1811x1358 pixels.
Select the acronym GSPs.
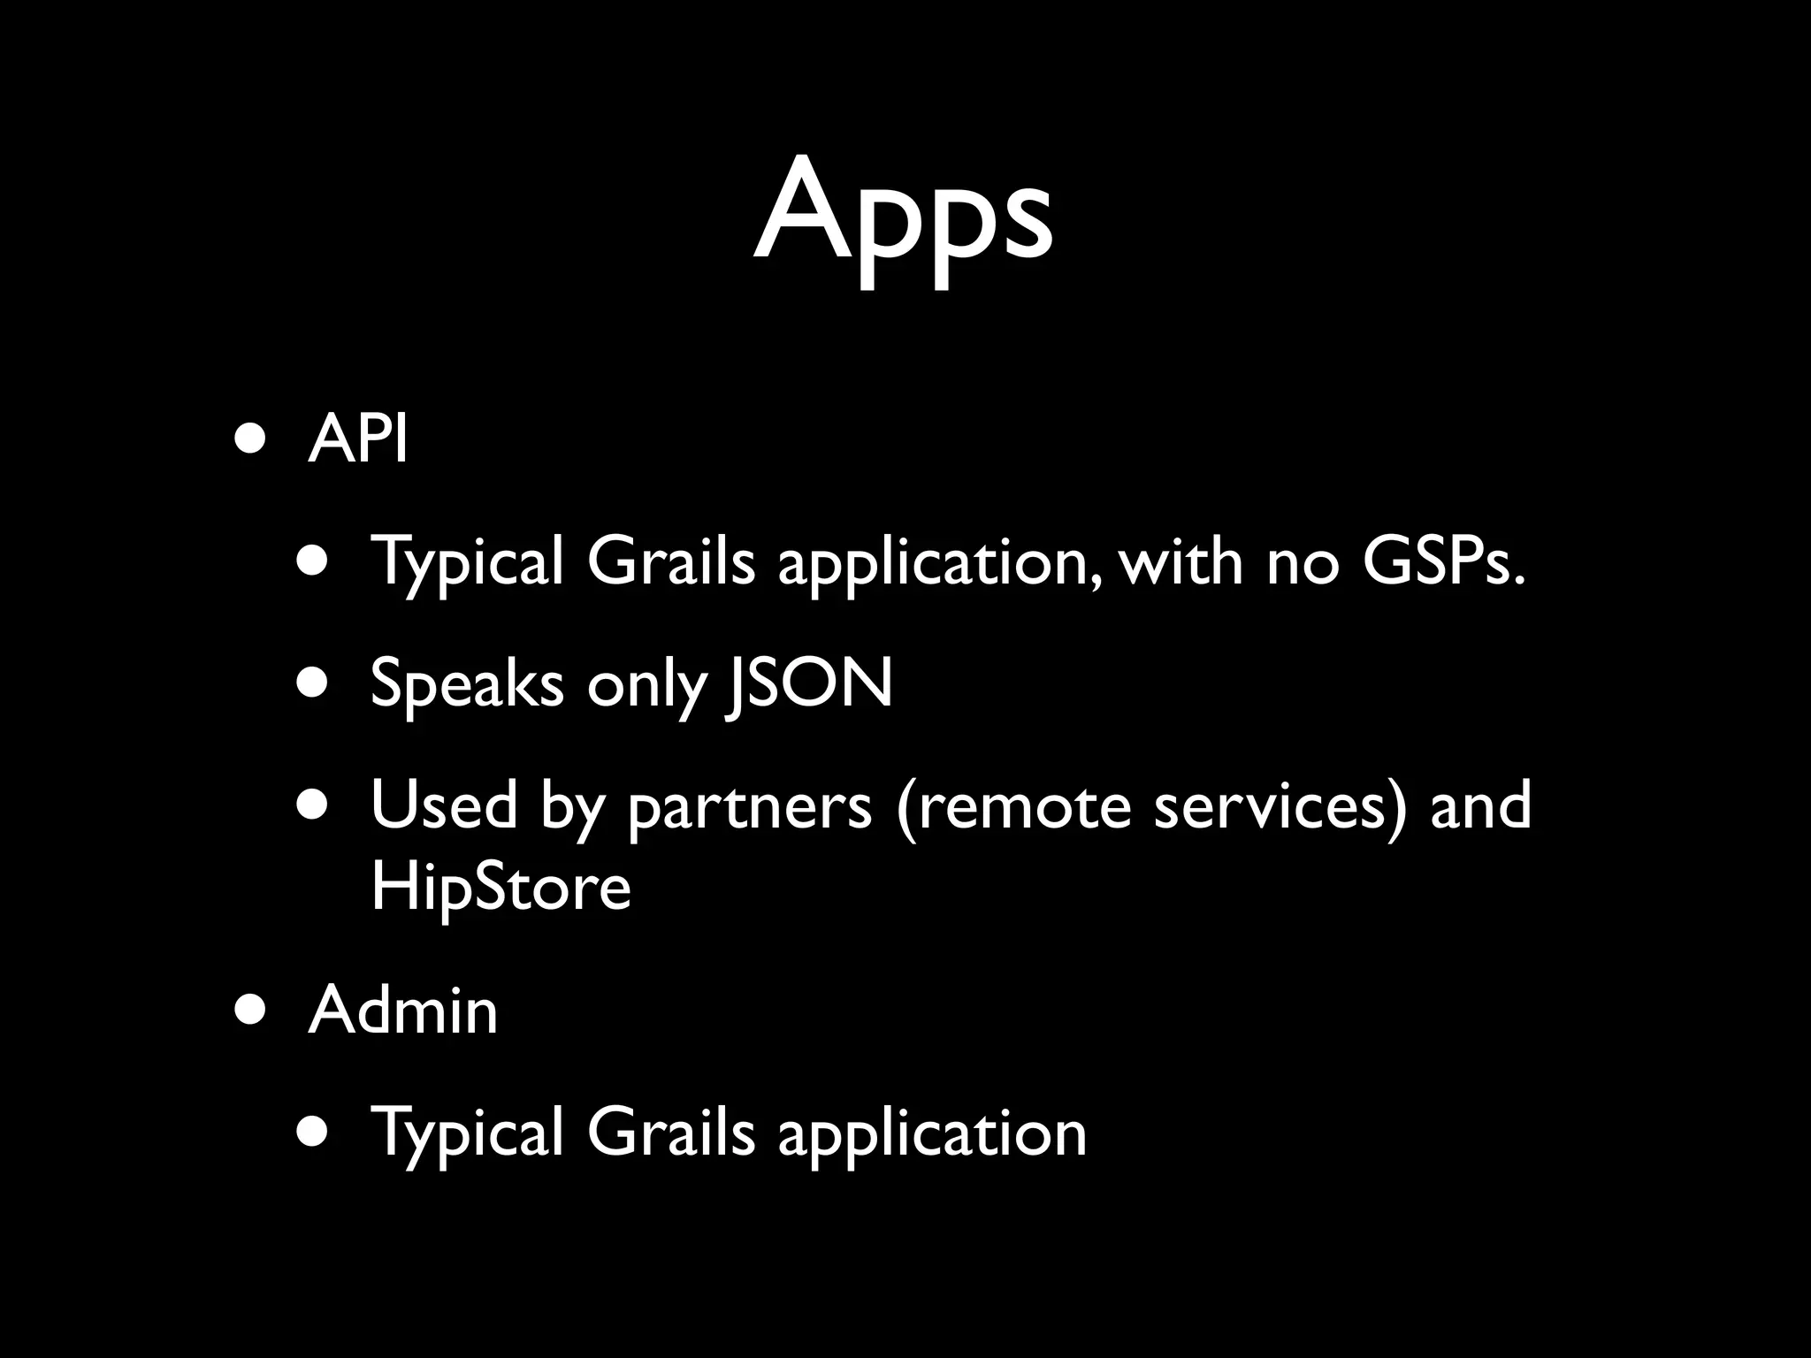[1443, 561]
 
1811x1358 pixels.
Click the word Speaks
[466, 683]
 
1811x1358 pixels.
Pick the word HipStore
[501, 887]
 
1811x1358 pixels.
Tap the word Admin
[403, 1010]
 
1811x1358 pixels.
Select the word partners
[750, 806]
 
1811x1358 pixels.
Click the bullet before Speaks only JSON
[314, 683]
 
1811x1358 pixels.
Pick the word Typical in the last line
[467, 1133]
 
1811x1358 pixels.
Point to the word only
[647, 684]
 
